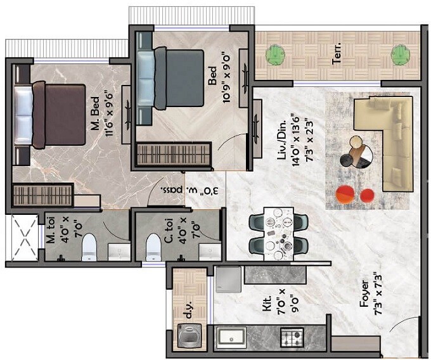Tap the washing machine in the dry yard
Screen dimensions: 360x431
[x=188, y=334]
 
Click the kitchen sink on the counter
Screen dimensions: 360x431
[x=233, y=336]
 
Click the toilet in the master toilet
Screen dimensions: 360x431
[x=89, y=245]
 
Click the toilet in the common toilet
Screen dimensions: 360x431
[x=153, y=245]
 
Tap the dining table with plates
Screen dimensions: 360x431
[x=278, y=233]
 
